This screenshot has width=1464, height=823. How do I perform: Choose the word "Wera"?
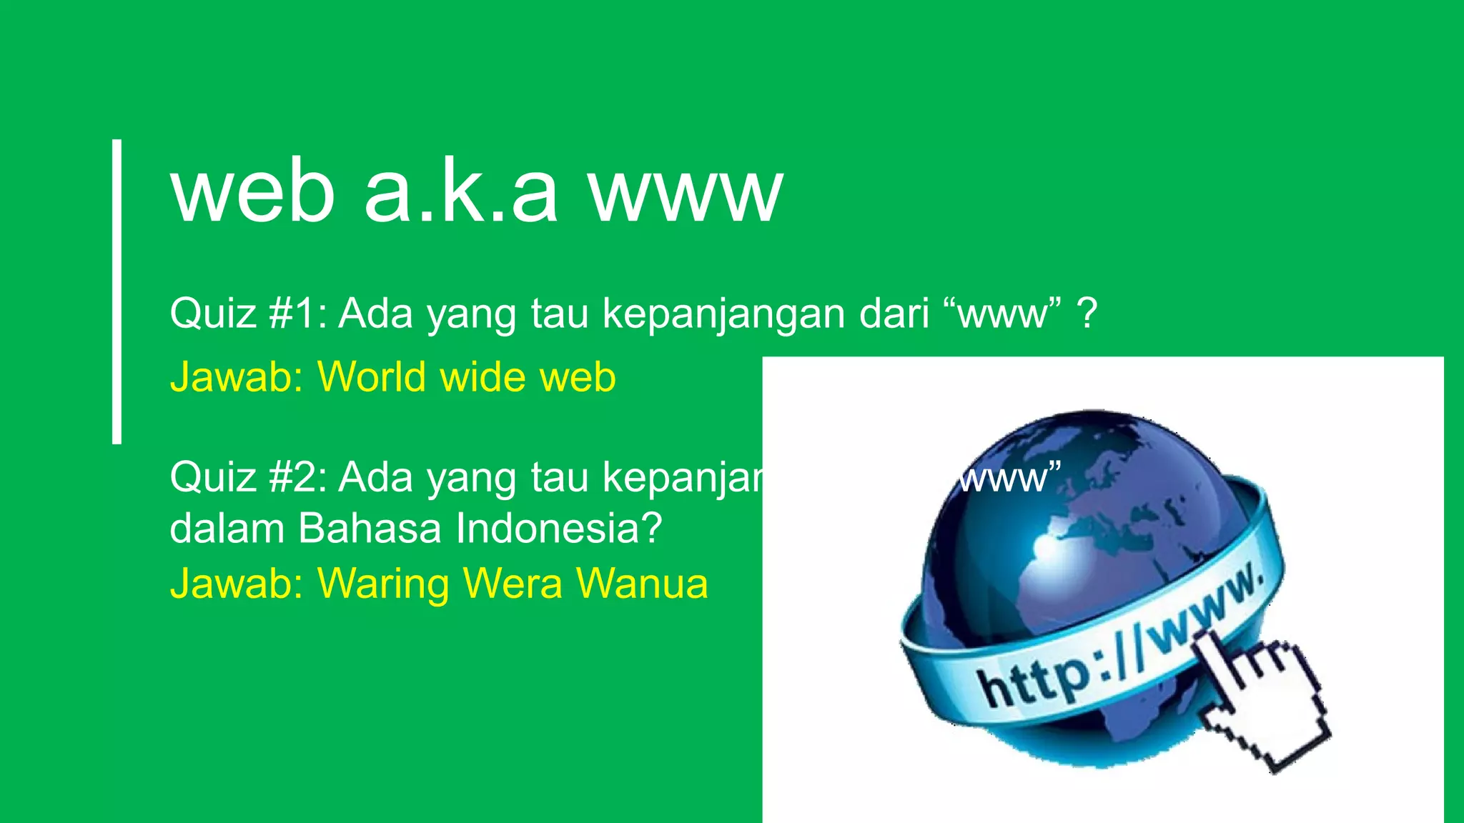coord(513,583)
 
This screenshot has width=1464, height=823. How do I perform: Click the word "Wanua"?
coord(642,583)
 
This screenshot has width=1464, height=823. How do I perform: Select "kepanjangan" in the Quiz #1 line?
coord(723,314)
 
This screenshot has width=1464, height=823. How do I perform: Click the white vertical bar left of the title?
coord(117,291)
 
